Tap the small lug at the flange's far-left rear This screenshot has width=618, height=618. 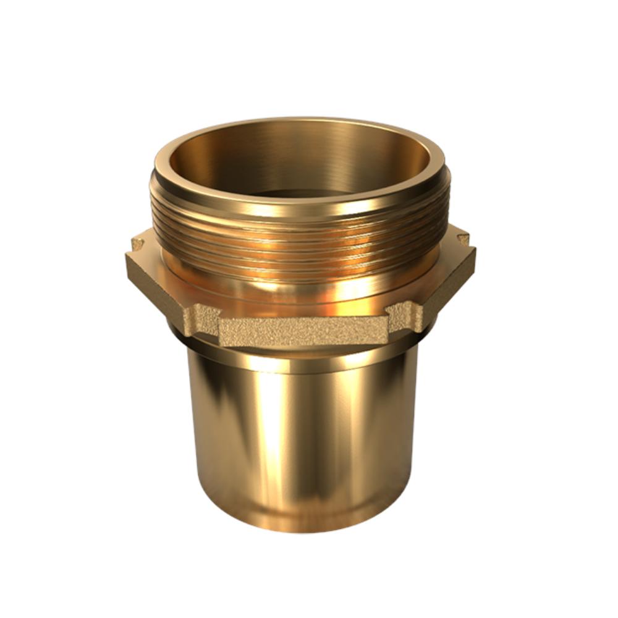pyautogui.click(x=137, y=243)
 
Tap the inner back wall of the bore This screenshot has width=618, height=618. pyautogui.click(x=297, y=148)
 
